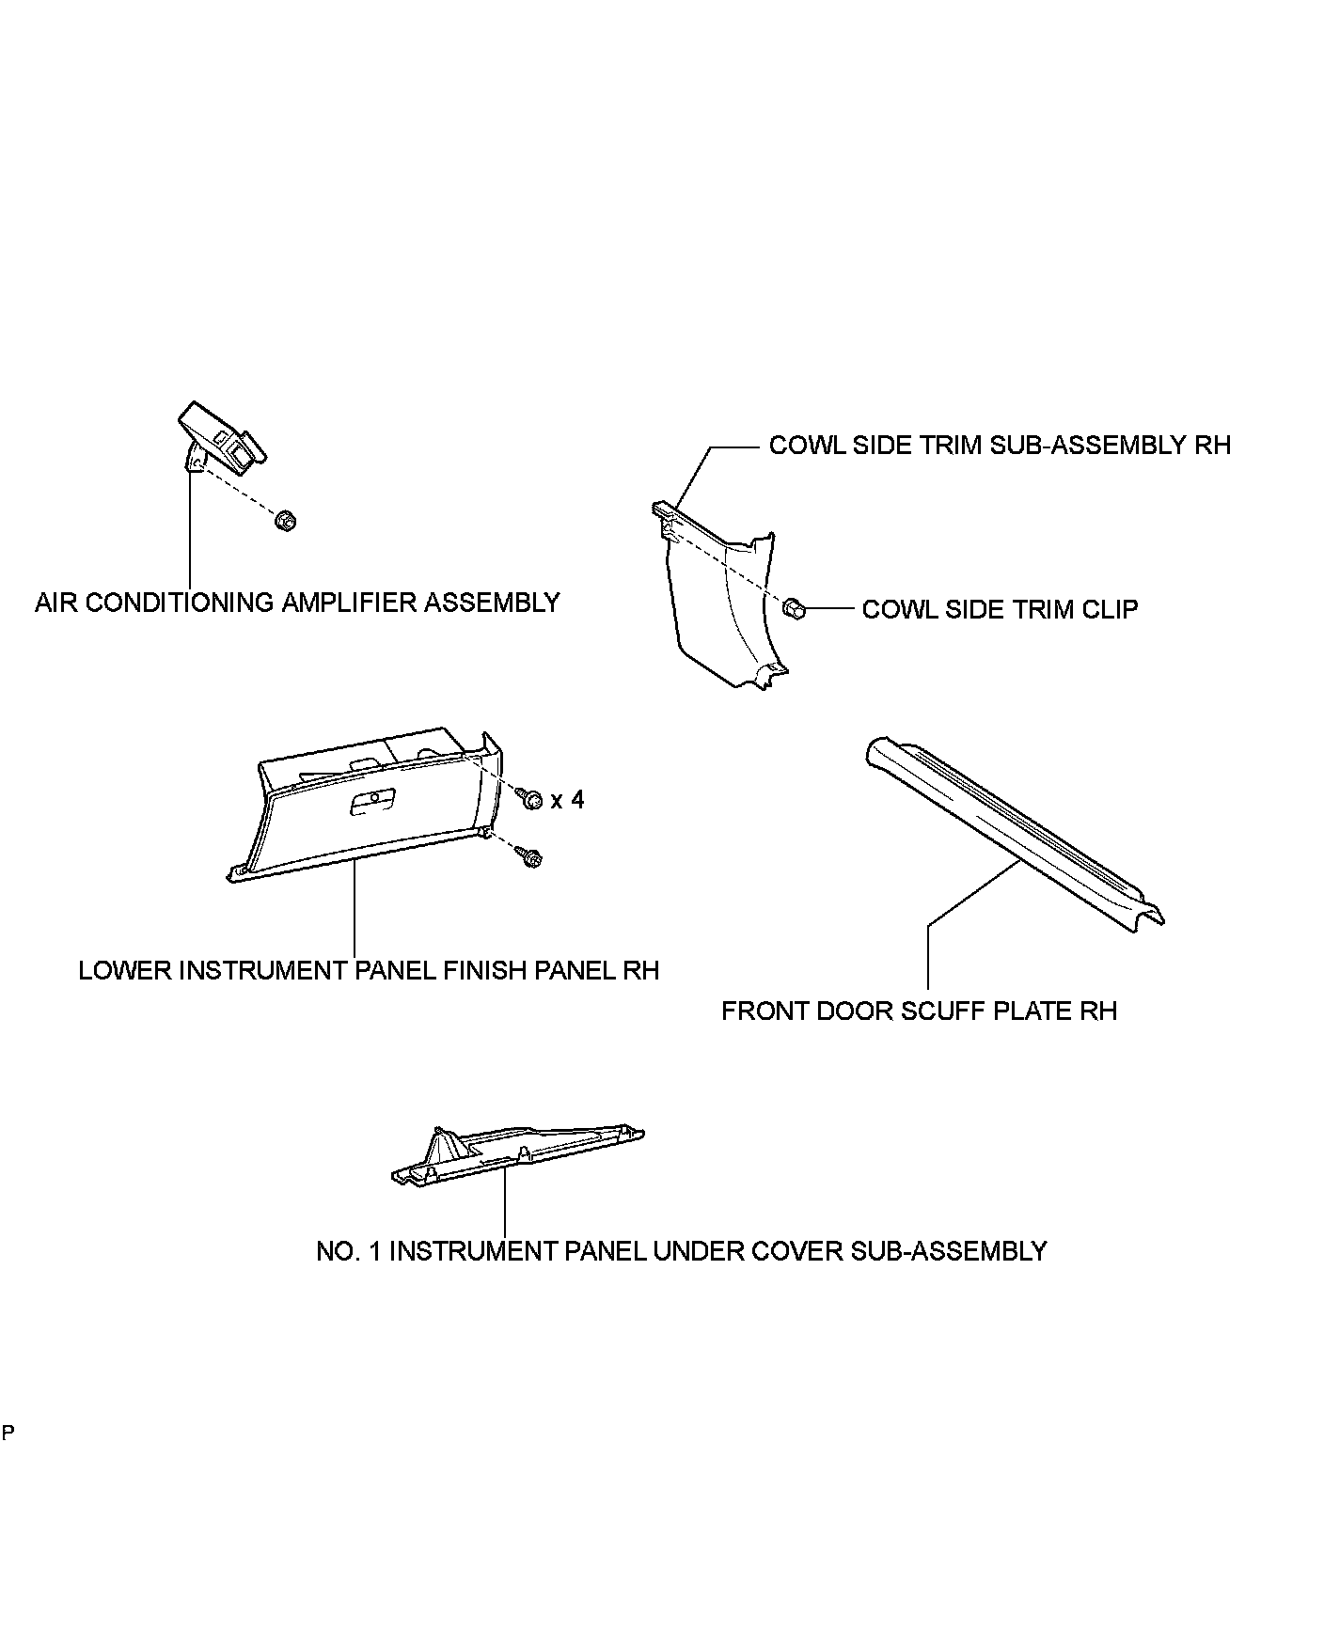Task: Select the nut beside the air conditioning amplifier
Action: (285, 519)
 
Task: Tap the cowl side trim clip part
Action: (793, 608)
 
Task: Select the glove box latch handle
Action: (372, 804)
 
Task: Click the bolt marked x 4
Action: (531, 799)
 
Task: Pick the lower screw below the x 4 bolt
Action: (528, 855)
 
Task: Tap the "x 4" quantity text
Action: (567, 800)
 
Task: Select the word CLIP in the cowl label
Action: (1109, 609)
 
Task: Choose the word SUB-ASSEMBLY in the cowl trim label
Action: (1082, 445)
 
